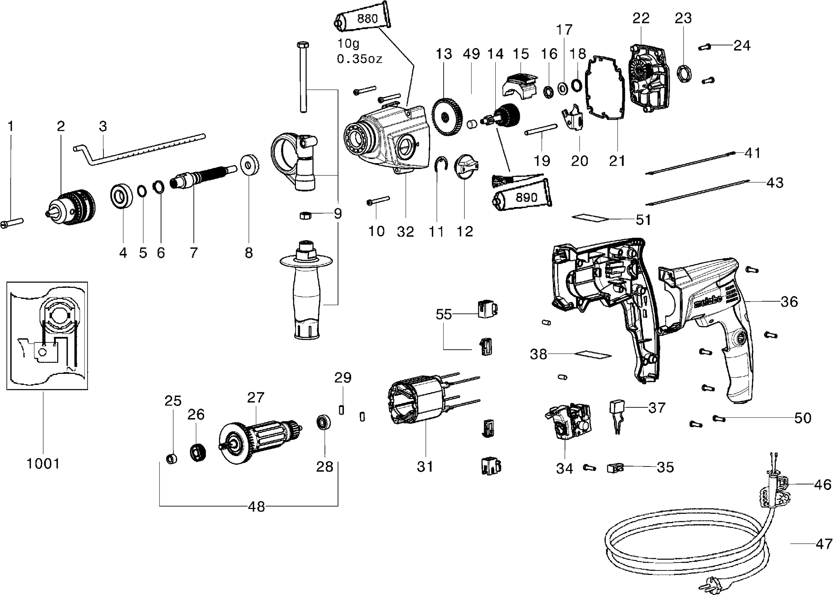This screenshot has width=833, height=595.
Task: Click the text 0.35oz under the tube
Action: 359,59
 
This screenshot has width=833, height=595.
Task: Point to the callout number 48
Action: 256,506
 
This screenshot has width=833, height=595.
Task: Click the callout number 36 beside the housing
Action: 789,302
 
